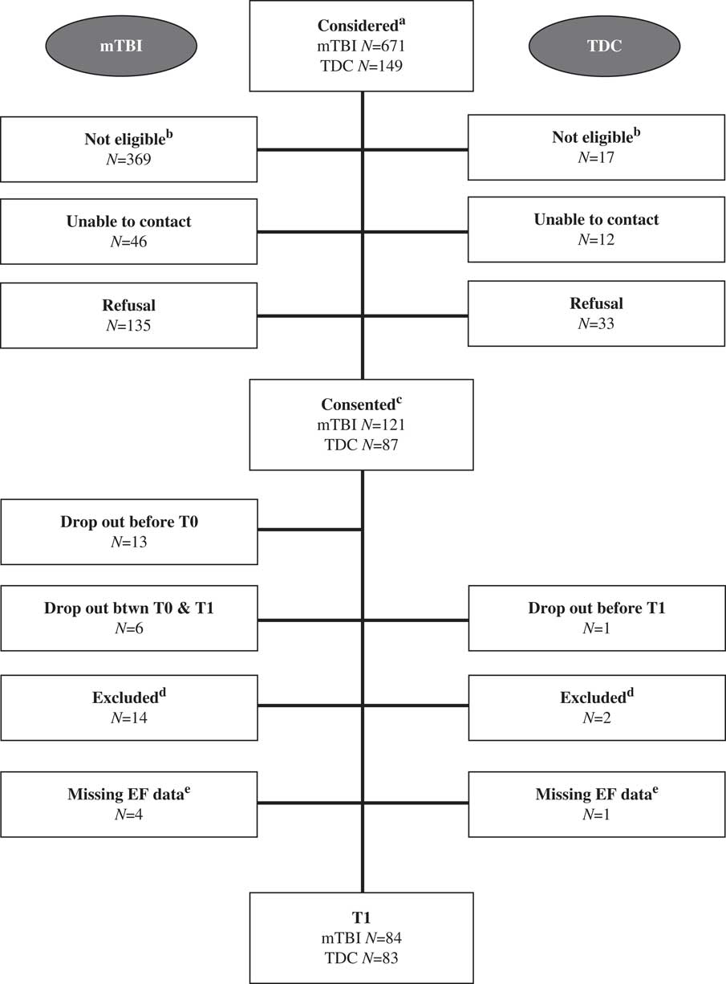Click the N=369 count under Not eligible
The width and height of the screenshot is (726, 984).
128,159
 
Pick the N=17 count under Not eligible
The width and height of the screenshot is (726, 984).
596,158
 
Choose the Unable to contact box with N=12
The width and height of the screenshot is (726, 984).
596,229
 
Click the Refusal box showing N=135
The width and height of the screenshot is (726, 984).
128,315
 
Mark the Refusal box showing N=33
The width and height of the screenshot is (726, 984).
596,313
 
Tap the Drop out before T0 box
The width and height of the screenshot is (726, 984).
128,531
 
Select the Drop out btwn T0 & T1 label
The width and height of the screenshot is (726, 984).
128,608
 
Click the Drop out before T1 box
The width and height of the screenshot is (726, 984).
596,618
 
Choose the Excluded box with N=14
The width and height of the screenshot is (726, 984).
128,707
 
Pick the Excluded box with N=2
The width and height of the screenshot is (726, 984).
596,707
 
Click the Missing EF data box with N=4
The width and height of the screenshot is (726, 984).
128,804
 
